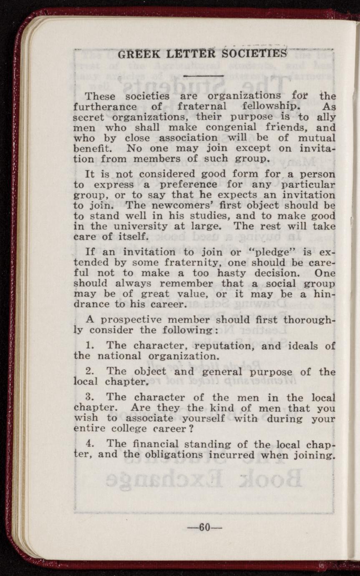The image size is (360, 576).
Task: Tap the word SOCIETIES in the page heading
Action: point(255,54)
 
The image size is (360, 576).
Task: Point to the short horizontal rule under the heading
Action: point(204,76)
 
